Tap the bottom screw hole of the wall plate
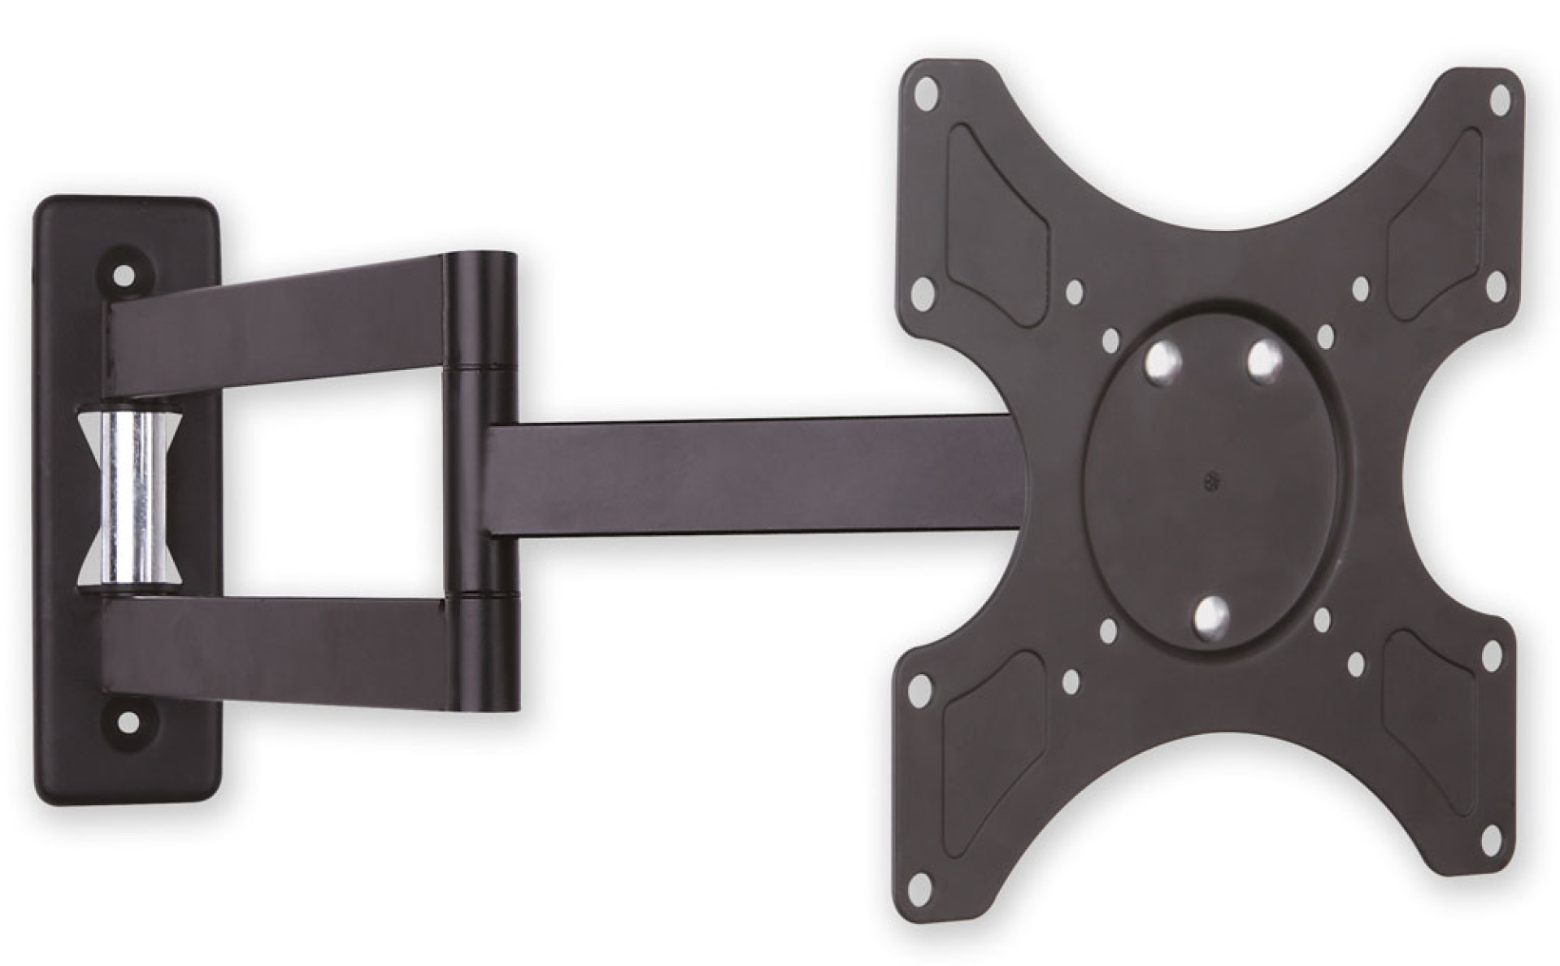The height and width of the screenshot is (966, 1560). (128, 720)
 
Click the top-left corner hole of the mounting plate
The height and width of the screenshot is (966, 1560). (924, 96)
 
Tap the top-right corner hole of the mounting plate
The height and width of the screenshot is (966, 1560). (1500, 100)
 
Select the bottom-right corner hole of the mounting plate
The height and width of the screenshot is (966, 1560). (1493, 840)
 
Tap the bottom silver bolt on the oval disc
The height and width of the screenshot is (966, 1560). (1211, 616)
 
